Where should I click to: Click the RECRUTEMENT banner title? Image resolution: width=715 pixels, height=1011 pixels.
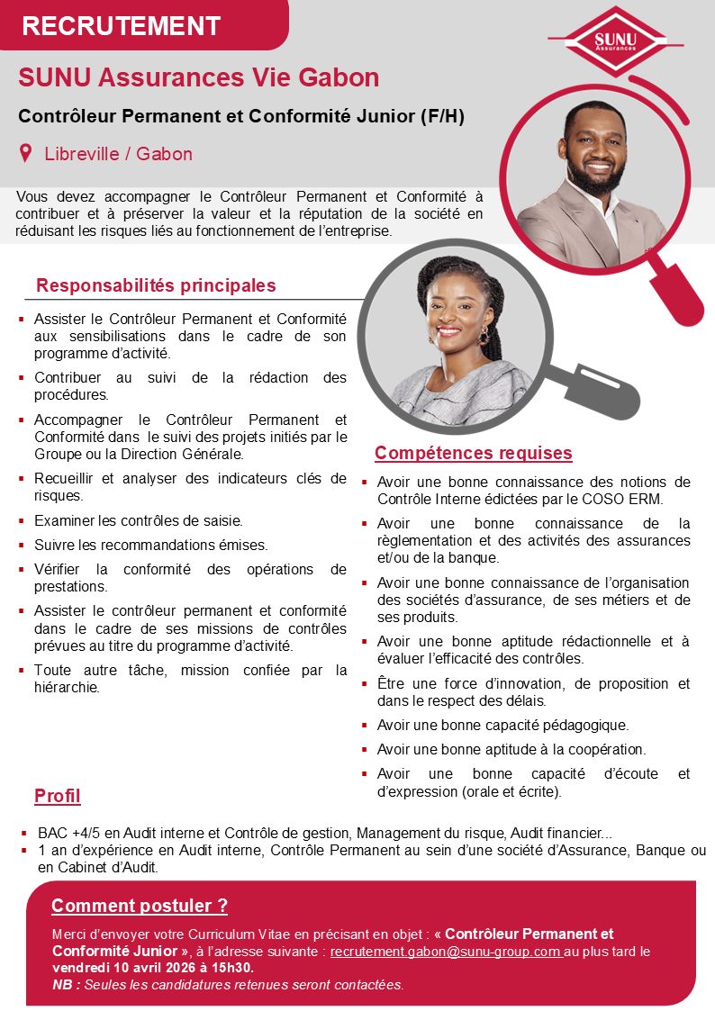[121, 26]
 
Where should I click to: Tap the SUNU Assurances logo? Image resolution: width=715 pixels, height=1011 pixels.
[615, 41]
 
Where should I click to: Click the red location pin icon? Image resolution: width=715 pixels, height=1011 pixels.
[27, 153]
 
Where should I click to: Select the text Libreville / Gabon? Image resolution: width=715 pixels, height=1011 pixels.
[118, 154]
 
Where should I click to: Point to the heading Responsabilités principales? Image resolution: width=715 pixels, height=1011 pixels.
[156, 286]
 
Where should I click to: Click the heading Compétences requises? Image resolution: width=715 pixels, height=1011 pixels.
[473, 453]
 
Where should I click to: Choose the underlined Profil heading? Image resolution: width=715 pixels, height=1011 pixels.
[58, 796]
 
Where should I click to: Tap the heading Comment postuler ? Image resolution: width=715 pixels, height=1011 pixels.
[140, 906]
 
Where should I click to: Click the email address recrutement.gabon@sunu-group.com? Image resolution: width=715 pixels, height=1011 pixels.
[447, 951]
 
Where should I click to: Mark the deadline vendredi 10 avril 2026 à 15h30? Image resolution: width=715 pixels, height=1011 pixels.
[153, 967]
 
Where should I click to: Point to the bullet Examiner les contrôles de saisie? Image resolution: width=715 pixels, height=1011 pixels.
[138, 520]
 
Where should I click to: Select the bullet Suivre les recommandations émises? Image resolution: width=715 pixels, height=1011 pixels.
[150, 545]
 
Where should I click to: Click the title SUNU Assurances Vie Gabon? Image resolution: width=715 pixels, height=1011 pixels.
[198, 78]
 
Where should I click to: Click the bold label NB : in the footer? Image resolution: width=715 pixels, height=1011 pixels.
[68, 984]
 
